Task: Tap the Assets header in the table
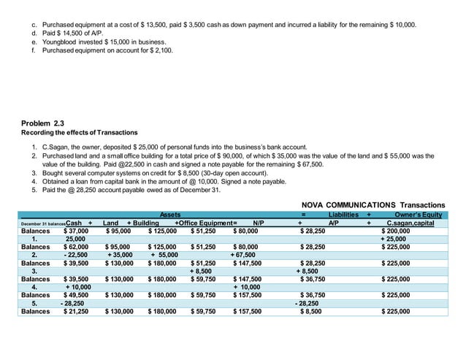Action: point(169,215)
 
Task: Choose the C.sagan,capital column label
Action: point(410,223)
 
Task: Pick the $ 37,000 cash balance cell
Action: point(76,231)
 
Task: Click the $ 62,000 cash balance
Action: point(76,247)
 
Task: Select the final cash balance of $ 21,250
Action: point(76,311)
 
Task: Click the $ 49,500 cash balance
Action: point(76,295)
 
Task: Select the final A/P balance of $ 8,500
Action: point(314,311)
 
